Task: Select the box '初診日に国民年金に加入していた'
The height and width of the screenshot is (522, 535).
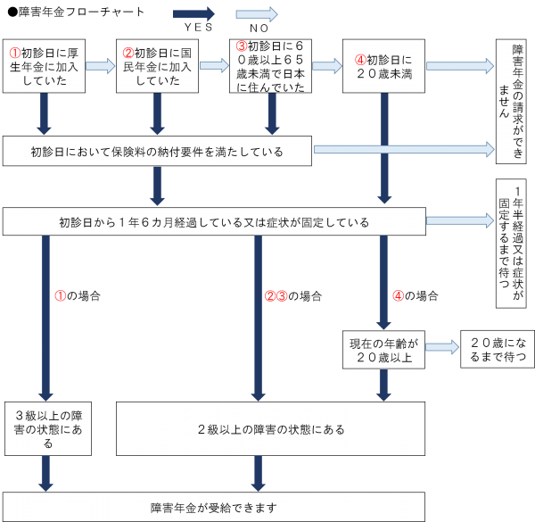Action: [158, 65]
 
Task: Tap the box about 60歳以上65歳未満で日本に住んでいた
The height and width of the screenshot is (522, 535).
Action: [272, 65]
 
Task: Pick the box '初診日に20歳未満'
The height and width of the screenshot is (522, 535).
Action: [384, 65]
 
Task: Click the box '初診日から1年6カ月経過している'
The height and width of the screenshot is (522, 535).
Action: [214, 222]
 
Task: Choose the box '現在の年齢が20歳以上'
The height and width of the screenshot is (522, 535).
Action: [383, 352]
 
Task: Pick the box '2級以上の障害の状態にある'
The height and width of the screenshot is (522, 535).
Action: [270, 429]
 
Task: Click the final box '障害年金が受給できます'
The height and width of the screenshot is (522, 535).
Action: [213, 507]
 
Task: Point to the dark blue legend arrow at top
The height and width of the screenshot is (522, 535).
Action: [193, 14]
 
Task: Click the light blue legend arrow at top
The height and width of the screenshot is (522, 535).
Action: [256, 14]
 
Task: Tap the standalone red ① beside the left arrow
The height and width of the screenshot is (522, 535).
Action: [62, 295]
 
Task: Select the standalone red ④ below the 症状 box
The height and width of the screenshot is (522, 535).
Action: [399, 295]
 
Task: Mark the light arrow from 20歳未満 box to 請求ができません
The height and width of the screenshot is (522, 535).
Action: [460, 66]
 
